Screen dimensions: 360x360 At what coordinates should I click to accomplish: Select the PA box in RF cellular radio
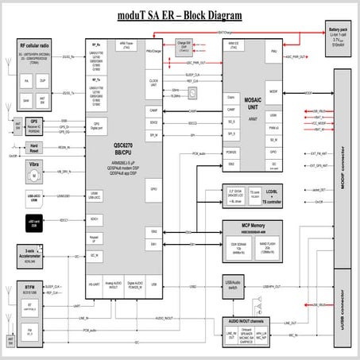pyautogui.click(x=27, y=82)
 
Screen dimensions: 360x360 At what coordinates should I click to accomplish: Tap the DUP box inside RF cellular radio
pyautogui.click(x=43, y=82)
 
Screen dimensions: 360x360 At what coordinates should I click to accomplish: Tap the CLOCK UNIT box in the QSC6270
pyautogui.click(x=153, y=81)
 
